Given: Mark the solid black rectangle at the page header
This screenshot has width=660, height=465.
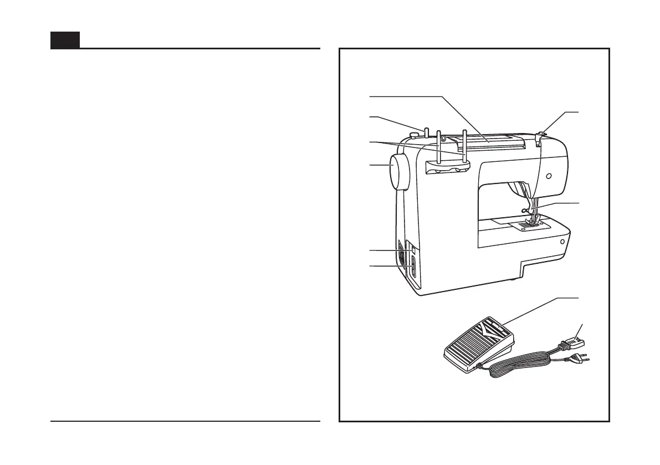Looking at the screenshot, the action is pyautogui.click(x=65, y=40).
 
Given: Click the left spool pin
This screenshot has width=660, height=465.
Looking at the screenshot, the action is pyautogui.click(x=438, y=148).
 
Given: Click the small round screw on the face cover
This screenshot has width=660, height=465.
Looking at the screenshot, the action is pyautogui.click(x=549, y=176).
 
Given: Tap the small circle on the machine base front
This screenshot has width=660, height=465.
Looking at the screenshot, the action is pyautogui.click(x=562, y=242).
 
